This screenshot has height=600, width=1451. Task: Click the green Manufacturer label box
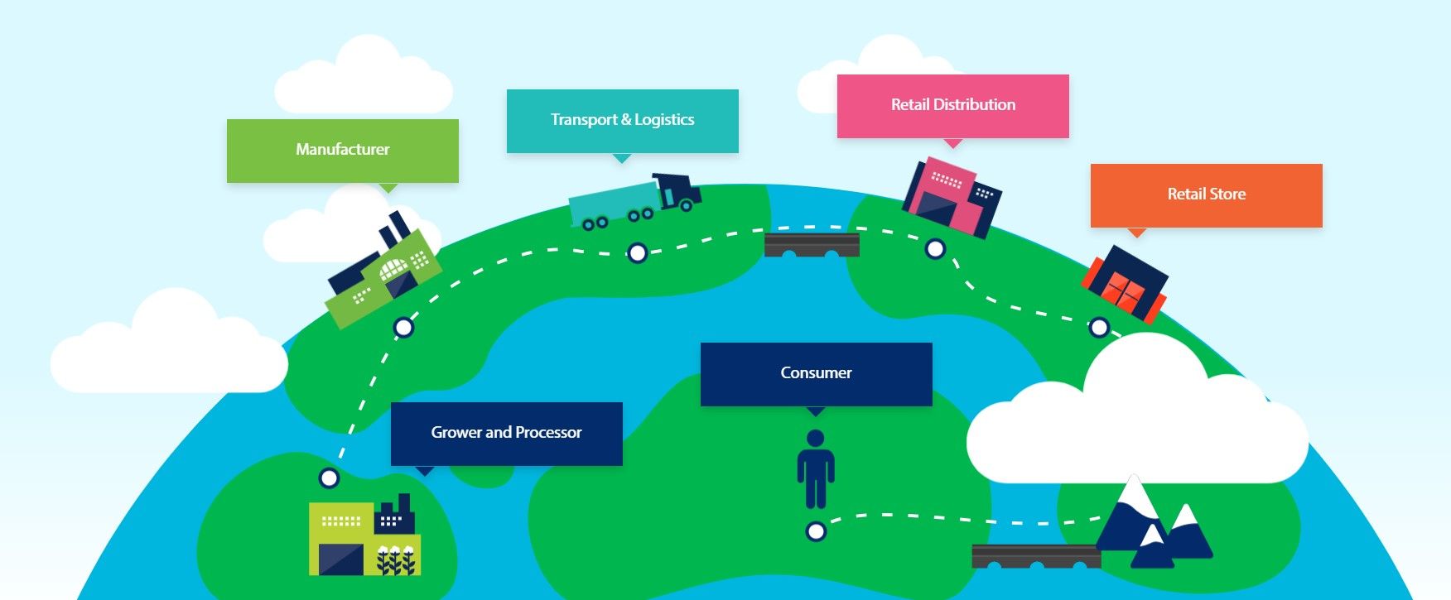pyautogui.click(x=342, y=150)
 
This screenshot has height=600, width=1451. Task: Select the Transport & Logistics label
pyautogui.click(x=622, y=120)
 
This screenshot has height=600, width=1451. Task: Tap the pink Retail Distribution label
pyautogui.click(x=952, y=105)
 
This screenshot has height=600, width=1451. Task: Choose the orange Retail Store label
pyautogui.click(x=1206, y=194)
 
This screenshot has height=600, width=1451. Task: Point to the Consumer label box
pyautogui.click(x=816, y=373)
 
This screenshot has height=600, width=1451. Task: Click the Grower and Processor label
pyautogui.click(x=506, y=433)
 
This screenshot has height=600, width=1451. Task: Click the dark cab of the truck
pyautogui.click(x=679, y=191)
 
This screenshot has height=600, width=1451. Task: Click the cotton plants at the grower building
pyautogui.click(x=395, y=559)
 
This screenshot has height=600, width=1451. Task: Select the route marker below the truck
pyautogui.click(x=637, y=252)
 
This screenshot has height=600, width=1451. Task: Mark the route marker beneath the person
pyautogui.click(x=816, y=531)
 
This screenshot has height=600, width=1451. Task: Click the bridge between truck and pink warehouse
pyautogui.click(x=812, y=245)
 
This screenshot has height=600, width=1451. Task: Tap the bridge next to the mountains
pyautogui.click(x=1035, y=556)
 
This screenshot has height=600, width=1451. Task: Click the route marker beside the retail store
pyautogui.click(x=1099, y=328)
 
